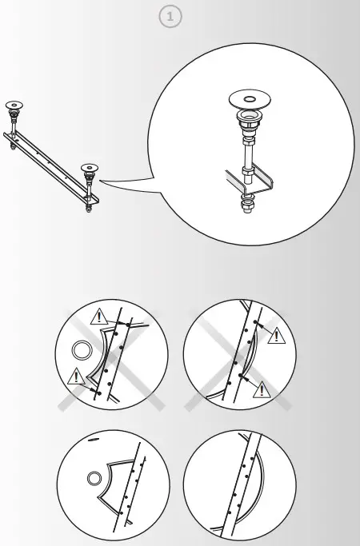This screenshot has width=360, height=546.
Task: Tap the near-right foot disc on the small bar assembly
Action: [88, 168]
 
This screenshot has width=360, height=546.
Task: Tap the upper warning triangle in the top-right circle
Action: [276, 335]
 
